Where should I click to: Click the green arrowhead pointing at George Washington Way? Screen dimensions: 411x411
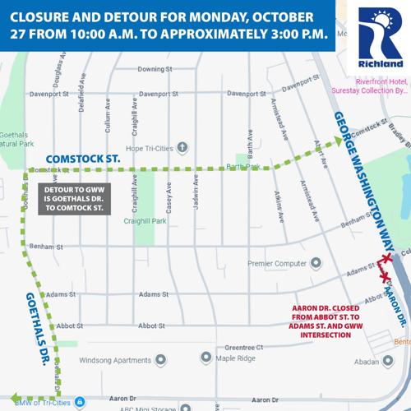(x=338, y=143)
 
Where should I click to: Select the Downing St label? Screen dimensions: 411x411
(x=154, y=69)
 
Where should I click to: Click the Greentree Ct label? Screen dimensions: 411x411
(x=242, y=347)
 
